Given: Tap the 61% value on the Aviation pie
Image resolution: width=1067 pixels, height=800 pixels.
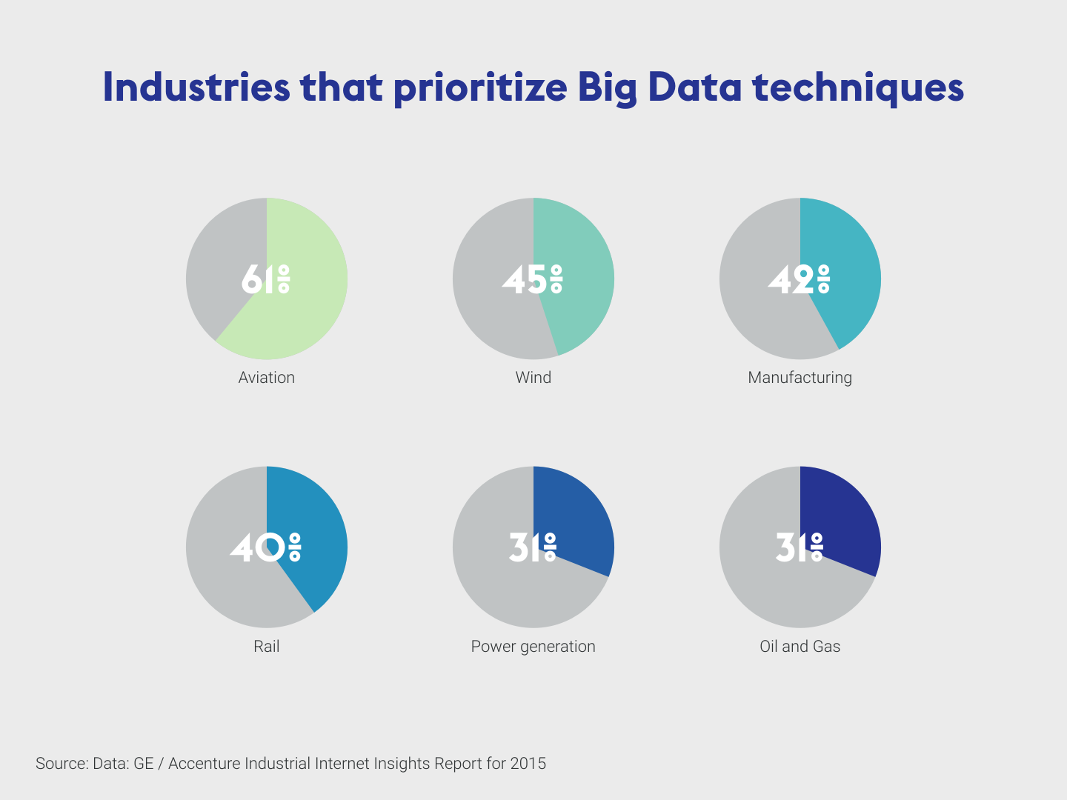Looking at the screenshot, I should click(x=265, y=280).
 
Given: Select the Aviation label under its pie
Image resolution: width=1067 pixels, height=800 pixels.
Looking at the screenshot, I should click(x=267, y=378).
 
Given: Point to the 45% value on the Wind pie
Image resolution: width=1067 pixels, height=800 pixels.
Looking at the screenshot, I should click(x=532, y=280).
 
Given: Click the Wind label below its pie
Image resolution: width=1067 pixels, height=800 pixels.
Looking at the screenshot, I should click(x=533, y=378).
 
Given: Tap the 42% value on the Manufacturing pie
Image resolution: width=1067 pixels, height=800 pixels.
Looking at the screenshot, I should click(x=799, y=280).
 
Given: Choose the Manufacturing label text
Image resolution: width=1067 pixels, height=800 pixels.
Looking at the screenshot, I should click(x=800, y=378).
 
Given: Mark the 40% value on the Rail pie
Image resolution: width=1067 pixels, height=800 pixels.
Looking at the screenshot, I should click(x=265, y=547).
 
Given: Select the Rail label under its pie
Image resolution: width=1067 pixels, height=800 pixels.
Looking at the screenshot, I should click(x=267, y=647).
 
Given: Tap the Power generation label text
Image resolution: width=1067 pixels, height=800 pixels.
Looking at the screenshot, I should click(x=533, y=647).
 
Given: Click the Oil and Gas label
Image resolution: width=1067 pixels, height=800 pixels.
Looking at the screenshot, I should click(x=800, y=647).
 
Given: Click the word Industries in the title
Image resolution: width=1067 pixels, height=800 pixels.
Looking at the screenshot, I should click(x=196, y=87).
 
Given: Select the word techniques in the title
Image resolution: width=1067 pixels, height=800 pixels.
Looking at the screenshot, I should click(x=858, y=87).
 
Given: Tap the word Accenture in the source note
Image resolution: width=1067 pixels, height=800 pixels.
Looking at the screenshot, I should click(x=205, y=764).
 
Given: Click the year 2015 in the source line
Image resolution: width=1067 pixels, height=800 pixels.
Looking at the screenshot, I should click(x=528, y=764).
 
